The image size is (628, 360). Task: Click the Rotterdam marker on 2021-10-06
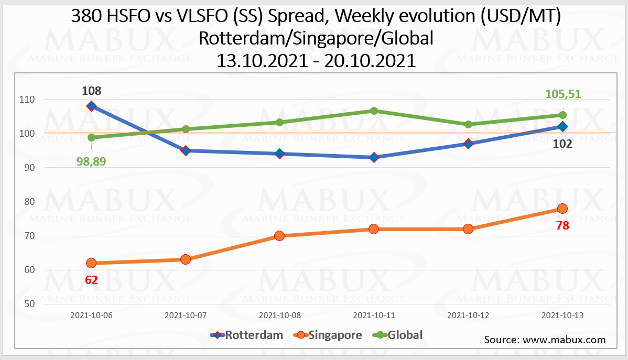click(x=91, y=106)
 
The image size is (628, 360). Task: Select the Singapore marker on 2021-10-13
click(x=562, y=209)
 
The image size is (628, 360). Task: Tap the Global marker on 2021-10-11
click(x=374, y=111)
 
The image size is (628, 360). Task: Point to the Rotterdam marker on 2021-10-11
click(x=374, y=157)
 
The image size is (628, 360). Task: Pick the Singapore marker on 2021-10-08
click(x=279, y=236)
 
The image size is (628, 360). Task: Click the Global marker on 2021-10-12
click(x=468, y=124)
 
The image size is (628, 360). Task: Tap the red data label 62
click(x=91, y=280)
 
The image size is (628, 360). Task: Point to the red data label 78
click(x=562, y=226)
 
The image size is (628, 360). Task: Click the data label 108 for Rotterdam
click(x=91, y=91)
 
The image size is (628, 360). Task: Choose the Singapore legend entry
click(x=330, y=335)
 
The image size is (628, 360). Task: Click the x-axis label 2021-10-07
click(x=185, y=315)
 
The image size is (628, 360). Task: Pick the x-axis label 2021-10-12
click(x=468, y=315)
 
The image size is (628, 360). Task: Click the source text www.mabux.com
click(x=564, y=340)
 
